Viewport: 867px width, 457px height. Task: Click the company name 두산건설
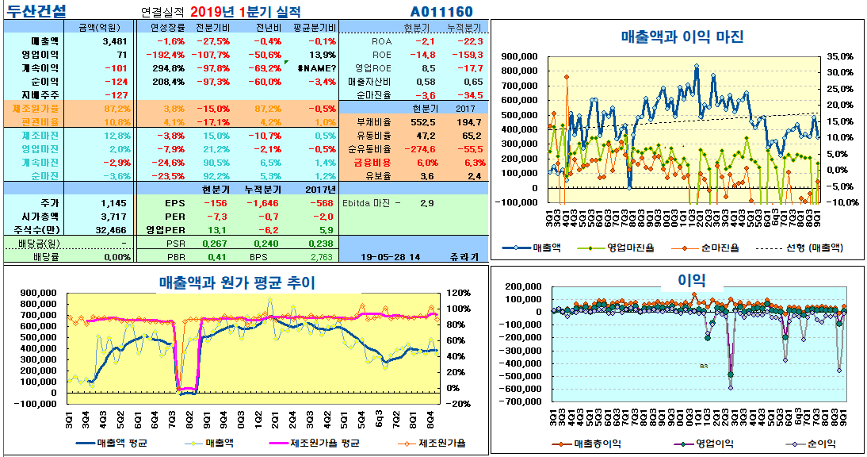37,11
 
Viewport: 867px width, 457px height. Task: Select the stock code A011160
441,12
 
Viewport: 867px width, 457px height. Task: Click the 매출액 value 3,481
114,40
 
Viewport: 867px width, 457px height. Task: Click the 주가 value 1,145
114,202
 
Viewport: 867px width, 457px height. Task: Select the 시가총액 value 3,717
114,216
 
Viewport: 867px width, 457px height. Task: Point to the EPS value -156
216,202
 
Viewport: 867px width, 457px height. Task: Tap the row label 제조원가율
35,108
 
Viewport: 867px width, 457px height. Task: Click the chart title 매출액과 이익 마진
682,36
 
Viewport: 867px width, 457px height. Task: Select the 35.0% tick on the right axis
839,57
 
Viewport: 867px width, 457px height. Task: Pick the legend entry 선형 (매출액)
793,248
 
